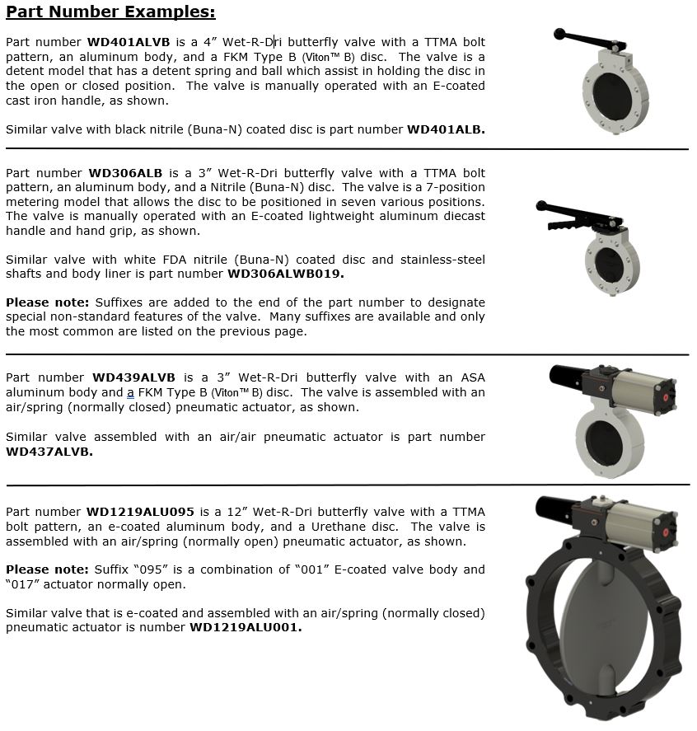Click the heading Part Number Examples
coord(110,12)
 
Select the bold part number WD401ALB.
coord(446,129)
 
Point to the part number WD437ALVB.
coord(49,452)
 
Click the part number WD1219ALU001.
coord(246,627)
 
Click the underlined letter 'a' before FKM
coord(130,392)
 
